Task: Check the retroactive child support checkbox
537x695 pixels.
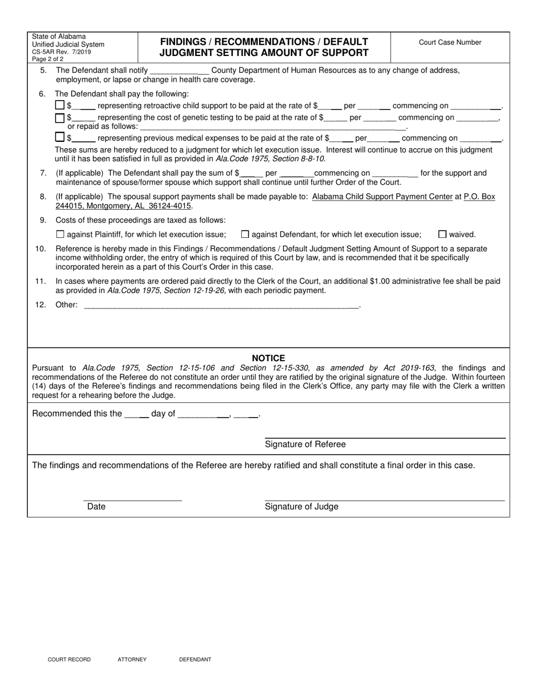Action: pos(60,105)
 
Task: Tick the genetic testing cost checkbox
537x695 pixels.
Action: pos(60,118)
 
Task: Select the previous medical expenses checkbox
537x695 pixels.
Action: pos(60,137)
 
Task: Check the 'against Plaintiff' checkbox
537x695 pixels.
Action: pos(60,234)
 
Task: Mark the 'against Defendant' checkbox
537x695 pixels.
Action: pos(245,234)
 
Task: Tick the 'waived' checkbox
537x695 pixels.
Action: pos(443,234)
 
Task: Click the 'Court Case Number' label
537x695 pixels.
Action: pos(450,42)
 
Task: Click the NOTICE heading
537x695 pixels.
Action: pos(268,358)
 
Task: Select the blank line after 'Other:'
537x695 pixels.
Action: pos(220,305)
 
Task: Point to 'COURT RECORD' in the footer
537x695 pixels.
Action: pos(69,659)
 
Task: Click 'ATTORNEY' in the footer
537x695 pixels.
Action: pos(132,659)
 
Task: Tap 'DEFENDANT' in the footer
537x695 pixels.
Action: pos(195,659)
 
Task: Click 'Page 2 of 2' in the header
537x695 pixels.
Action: pos(47,59)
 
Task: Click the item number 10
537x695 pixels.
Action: pos(41,249)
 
